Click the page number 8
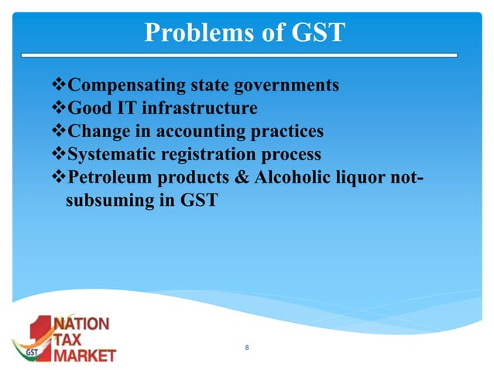point(246,348)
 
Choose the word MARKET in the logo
point(84,355)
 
